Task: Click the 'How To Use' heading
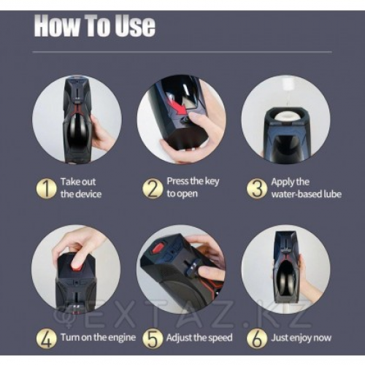(94, 26)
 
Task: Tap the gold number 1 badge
(46, 188)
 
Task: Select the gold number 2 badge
(153, 188)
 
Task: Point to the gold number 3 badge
(256, 188)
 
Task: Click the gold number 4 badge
(46, 338)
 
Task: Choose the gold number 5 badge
(153, 338)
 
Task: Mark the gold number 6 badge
(256, 338)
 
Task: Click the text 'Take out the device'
(81, 188)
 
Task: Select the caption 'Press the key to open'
(193, 188)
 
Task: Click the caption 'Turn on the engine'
(98, 337)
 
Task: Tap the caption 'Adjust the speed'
(199, 338)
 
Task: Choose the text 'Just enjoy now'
(301, 338)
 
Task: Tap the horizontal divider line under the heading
(182, 52)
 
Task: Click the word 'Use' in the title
(135, 26)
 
